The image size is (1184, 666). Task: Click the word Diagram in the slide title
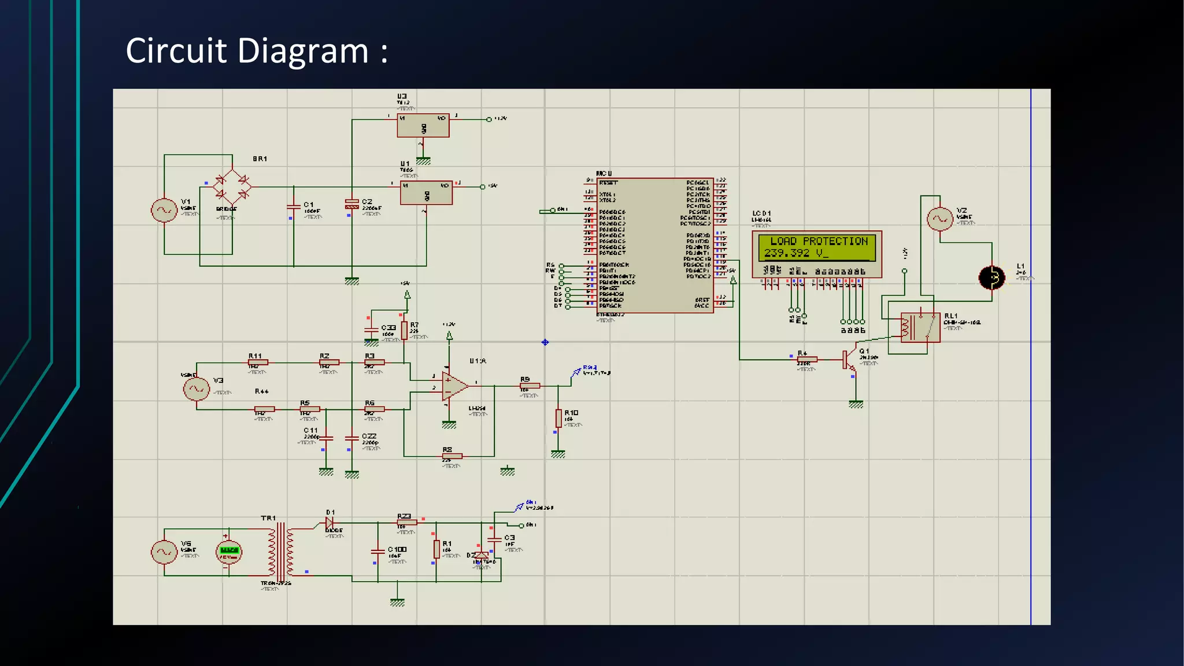coord(303,51)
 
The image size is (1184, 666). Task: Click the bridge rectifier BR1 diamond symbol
coord(232,187)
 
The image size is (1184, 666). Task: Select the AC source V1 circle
coord(164,210)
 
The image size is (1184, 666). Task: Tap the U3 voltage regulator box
coord(423,125)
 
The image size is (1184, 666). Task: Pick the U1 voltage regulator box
coord(426,193)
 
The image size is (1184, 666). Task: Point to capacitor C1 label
coord(309,205)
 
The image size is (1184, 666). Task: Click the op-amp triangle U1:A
coord(454,387)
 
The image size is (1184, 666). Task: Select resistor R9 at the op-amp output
coord(530,386)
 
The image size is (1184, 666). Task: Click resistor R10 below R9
coord(558,418)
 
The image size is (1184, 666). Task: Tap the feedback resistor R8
coord(452,456)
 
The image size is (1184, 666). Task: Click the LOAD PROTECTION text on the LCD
coord(819,241)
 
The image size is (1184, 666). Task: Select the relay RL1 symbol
coord(920,327)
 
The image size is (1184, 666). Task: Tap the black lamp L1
coord(992,278)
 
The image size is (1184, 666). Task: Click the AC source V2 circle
coord(939,219)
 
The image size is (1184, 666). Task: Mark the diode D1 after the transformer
coord(330,523)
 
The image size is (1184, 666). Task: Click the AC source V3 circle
coord(197,388)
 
